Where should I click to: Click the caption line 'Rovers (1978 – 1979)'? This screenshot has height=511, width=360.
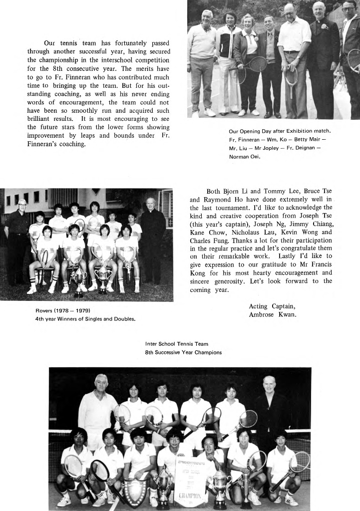click(x=62, y=310)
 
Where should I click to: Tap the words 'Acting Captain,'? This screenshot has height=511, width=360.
click(x=272, y=306)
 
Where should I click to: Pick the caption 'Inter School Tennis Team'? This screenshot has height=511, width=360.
click(x=176, y=344)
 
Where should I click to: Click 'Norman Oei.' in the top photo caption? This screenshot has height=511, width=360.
click(x=245, y=157)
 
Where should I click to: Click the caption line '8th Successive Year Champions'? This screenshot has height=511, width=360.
click(x=183, y=352)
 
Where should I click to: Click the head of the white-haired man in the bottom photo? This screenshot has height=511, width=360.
click(x=101, y=382)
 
